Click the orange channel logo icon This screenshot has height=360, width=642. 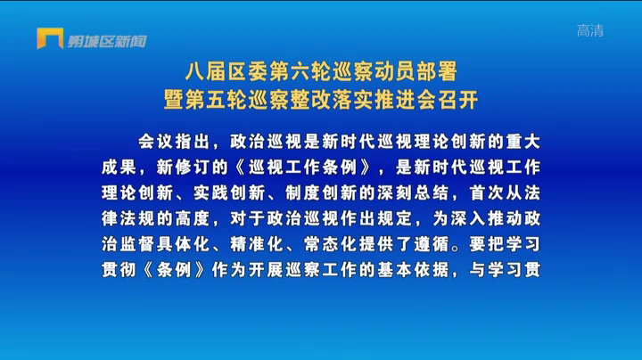(x=50, y=38)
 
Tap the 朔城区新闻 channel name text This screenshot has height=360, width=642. (x=107, y=41)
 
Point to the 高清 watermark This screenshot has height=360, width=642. (x=590, y=30)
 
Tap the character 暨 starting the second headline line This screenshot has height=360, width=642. (x=174, y=100)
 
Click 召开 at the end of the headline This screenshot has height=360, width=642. (x=458, y=100)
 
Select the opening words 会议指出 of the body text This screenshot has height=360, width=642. (x=174, y=142)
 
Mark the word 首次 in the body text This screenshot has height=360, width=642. (x=487, y=193)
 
